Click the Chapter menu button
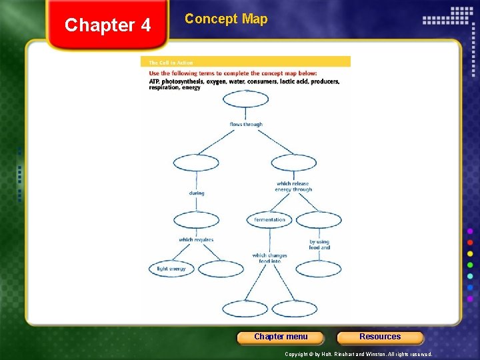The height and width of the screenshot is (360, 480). pos(281,337)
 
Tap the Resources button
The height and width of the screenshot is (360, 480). pos(380,337)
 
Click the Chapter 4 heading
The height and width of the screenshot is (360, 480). pos(108,25)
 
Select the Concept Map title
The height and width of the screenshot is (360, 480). pos(226,19)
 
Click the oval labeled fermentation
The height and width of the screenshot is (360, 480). pos(269,219)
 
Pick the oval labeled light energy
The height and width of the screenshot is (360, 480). pos(171,269)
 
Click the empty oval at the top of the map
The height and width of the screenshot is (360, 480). pos(245,99)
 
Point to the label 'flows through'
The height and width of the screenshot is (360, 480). pos(246,125)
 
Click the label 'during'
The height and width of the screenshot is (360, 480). pos(196,193)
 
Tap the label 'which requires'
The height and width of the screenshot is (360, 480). pos(196,239)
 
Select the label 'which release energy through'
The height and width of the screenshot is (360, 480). pos(293,187)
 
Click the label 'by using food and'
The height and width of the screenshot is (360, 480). pos(319,245)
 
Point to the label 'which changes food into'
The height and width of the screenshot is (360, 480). pos(269,259)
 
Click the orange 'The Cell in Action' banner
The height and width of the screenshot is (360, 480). pos(245,62)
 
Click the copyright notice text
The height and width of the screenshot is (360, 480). pos(359,354)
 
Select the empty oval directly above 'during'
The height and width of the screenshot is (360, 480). pos(196,162)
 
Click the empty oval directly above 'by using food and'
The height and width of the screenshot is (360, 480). pos(319,219)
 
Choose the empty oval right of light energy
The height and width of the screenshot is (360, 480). pos(221,269)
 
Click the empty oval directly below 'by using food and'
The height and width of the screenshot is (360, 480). pos(319,269)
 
